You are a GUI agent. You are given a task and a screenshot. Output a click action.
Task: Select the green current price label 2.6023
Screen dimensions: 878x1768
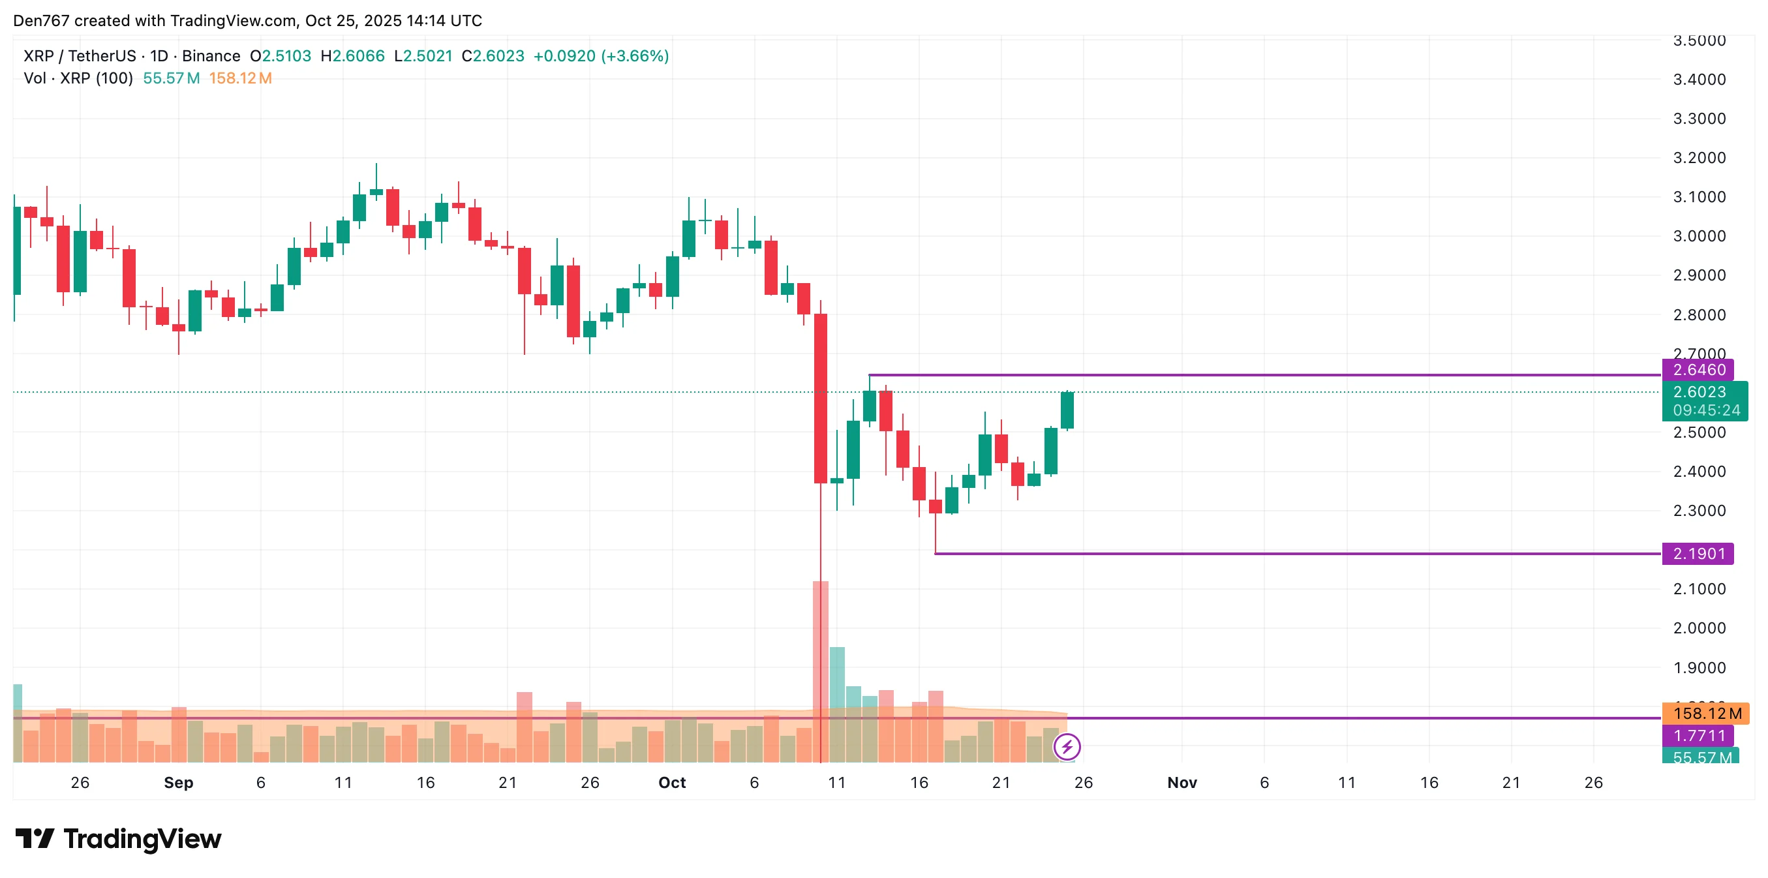1704,393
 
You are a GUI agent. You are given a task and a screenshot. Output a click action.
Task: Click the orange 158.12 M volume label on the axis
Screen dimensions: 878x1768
1706,713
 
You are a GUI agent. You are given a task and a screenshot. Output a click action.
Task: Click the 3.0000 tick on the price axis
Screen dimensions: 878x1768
1699,236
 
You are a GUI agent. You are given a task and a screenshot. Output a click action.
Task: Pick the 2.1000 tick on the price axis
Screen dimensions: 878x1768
1699,589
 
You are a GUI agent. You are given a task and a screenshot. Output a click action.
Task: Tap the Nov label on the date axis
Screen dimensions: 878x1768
1182,783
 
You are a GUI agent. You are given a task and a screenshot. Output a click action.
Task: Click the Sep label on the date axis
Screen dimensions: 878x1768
179,783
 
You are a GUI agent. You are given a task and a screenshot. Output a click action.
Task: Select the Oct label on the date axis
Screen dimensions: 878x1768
672,783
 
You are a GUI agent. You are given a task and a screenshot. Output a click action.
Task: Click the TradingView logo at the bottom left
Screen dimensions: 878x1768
118,839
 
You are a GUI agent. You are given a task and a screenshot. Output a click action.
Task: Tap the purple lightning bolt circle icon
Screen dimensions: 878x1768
1067,746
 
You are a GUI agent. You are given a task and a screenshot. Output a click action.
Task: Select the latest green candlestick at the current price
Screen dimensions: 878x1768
1067,410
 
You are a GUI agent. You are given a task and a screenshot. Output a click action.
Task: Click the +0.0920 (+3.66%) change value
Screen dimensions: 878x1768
601,56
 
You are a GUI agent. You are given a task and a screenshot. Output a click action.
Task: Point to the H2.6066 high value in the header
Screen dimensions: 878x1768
353,56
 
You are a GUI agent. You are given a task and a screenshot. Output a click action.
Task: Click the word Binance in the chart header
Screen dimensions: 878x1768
211,56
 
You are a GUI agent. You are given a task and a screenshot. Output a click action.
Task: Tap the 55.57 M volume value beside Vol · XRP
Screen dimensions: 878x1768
172,78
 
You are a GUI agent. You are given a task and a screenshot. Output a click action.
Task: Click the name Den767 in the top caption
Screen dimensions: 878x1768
41,21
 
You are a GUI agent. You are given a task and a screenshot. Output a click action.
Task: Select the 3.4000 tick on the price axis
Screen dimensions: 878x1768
1699,80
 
